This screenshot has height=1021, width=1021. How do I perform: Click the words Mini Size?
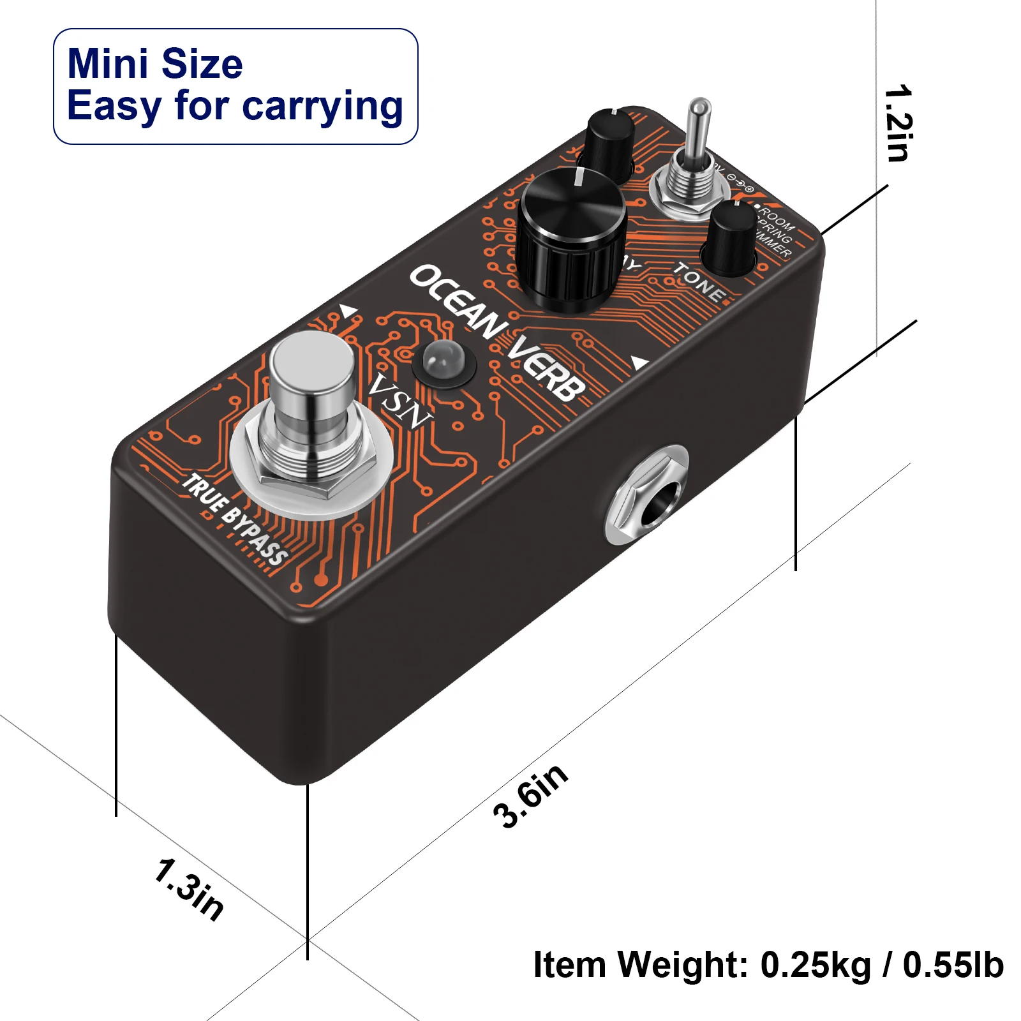pos(155,64)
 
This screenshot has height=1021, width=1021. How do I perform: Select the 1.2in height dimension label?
pos(899,123)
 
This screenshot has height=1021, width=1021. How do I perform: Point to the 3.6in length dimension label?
pos(530,796)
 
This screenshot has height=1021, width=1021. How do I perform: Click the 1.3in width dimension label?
pos(189,889)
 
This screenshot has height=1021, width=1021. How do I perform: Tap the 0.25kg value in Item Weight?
pos(816,964)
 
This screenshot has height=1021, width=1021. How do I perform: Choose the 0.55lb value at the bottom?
pos(953,964)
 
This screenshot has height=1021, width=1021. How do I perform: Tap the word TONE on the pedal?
pos(699,281)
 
